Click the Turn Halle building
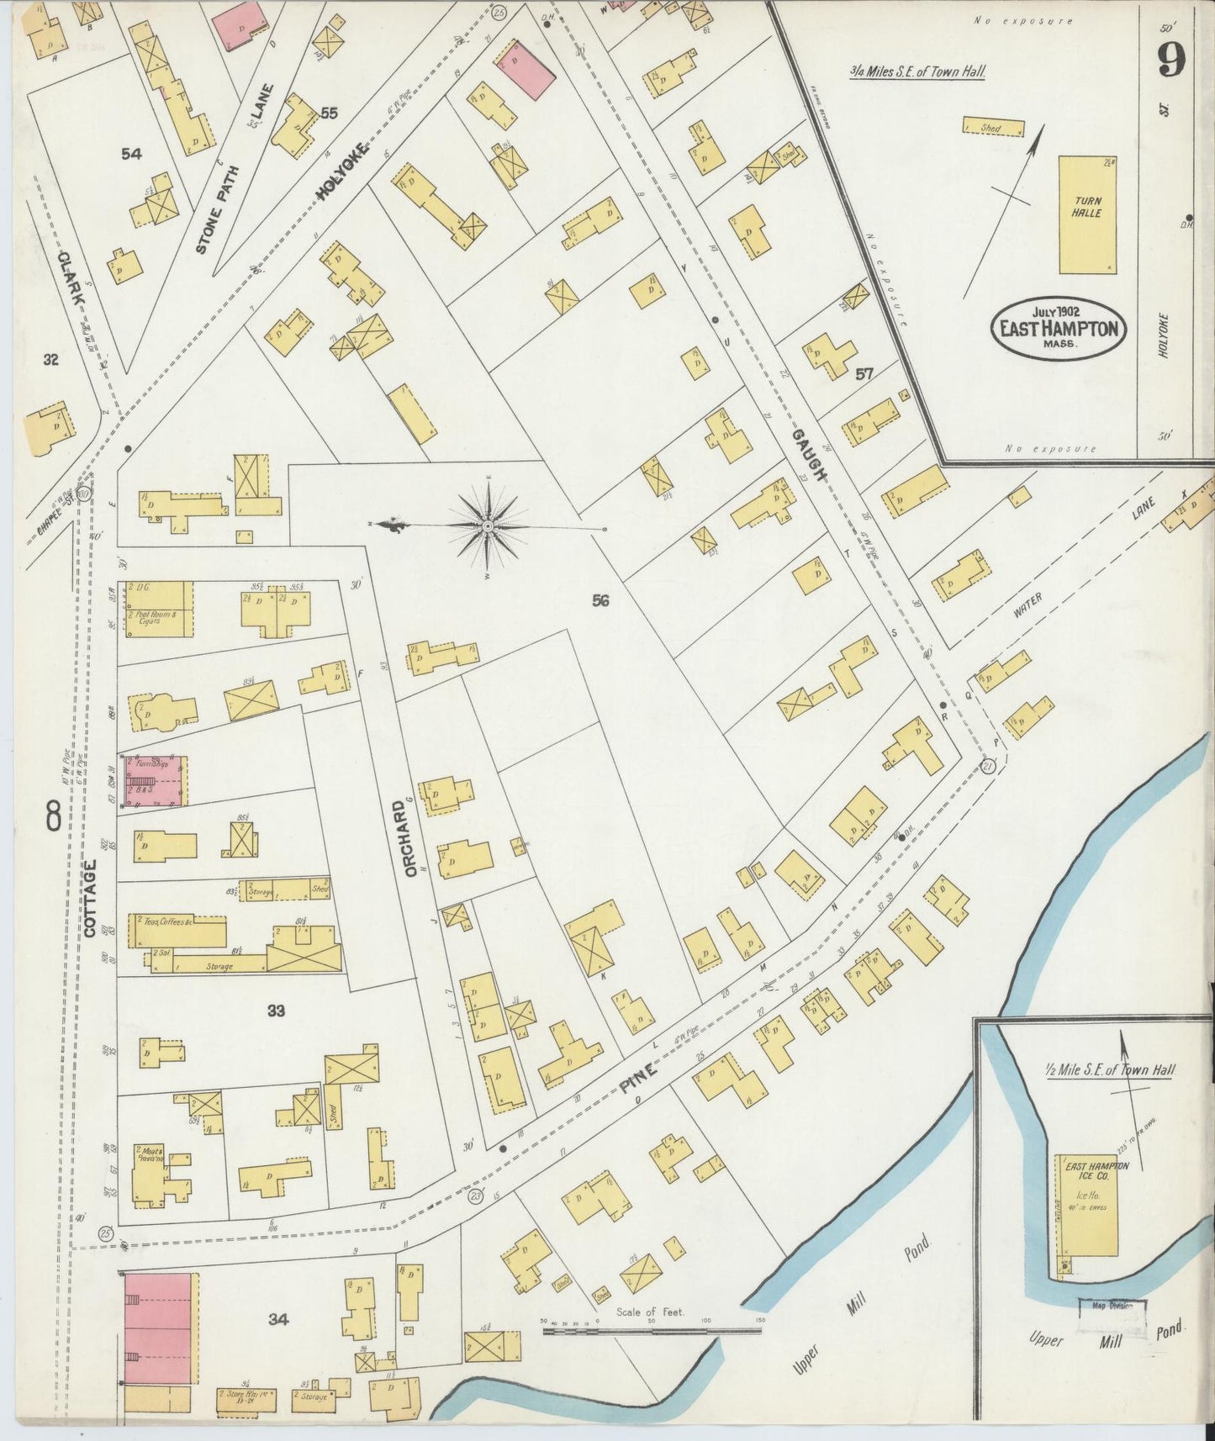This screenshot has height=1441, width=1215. [1086, 214]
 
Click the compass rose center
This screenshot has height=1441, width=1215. [488, 526]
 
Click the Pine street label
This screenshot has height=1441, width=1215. [638, 1075]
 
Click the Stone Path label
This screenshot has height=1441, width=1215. [218, 209]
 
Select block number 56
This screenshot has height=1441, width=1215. [600, 600]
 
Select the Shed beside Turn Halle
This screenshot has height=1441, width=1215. [993, 128]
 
